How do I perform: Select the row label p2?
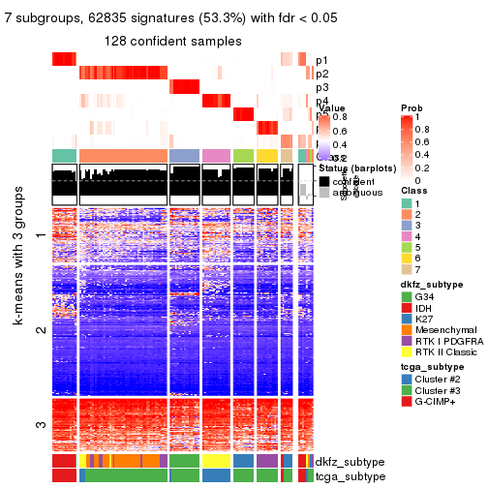tap(322, 74)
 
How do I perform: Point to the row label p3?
tap(322, 88)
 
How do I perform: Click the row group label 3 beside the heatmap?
tap(41, 424)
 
